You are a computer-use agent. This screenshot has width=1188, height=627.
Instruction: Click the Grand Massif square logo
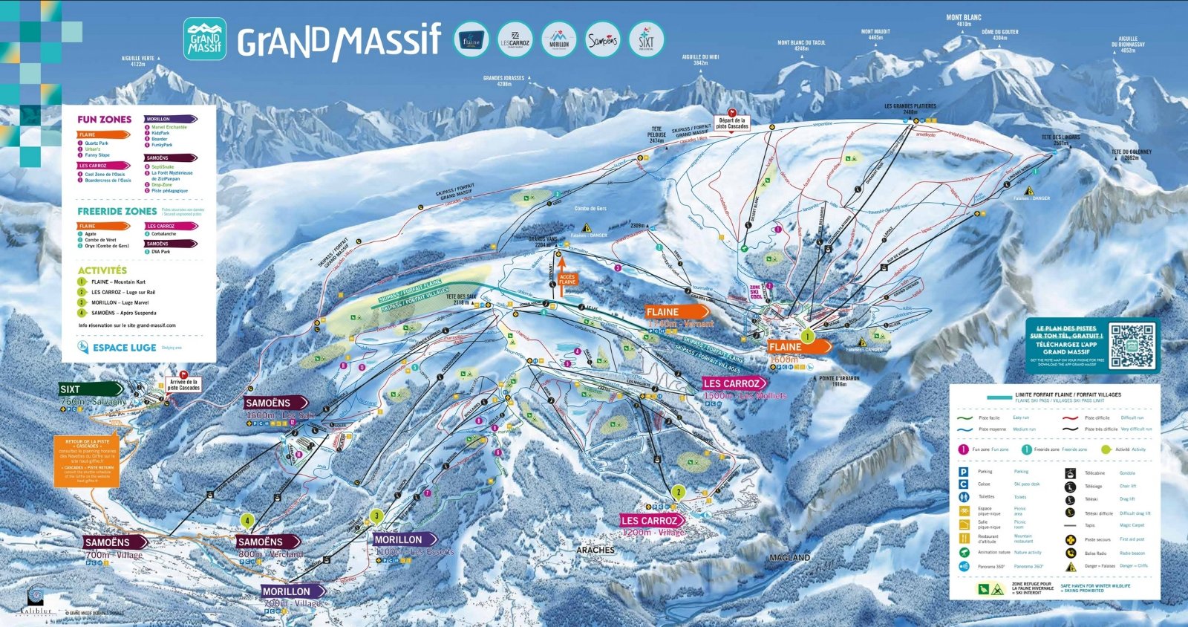click(204, 39)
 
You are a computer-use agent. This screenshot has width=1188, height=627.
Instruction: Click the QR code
click(1132, 346)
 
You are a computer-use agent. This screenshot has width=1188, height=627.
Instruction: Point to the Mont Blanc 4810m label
click(963, 20)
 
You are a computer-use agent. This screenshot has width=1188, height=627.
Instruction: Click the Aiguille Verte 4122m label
click(138, 61)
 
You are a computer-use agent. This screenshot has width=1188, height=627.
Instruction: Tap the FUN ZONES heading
click(104, 120)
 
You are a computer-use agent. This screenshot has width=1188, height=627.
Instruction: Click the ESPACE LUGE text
click(124, 348)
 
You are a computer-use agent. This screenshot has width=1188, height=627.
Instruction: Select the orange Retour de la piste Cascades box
click(86, 461)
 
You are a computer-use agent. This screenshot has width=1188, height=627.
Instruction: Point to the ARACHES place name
click(595, 550)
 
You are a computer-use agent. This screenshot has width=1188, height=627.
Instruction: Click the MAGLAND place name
click(789, 557)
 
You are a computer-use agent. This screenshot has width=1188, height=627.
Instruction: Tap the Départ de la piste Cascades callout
click(732, 123)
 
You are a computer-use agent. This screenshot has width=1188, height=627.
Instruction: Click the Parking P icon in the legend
click(963, 472)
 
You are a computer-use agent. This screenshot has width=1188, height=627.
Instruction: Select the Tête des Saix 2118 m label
click(462, 299)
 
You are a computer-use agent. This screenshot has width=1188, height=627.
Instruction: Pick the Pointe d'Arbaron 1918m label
click(839, 381)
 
